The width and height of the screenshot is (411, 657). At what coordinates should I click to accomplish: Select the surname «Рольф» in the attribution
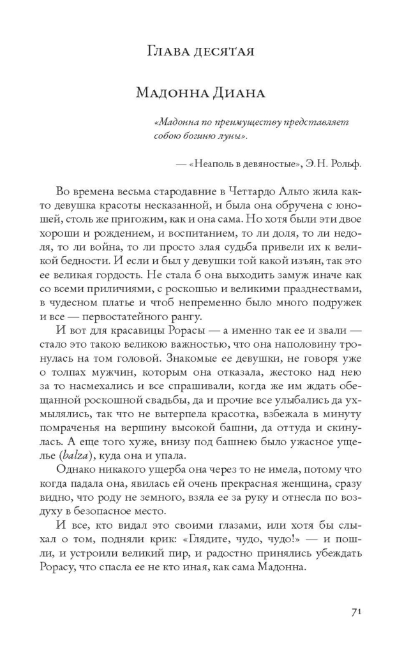pyautogui.click(x=344, y=163)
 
